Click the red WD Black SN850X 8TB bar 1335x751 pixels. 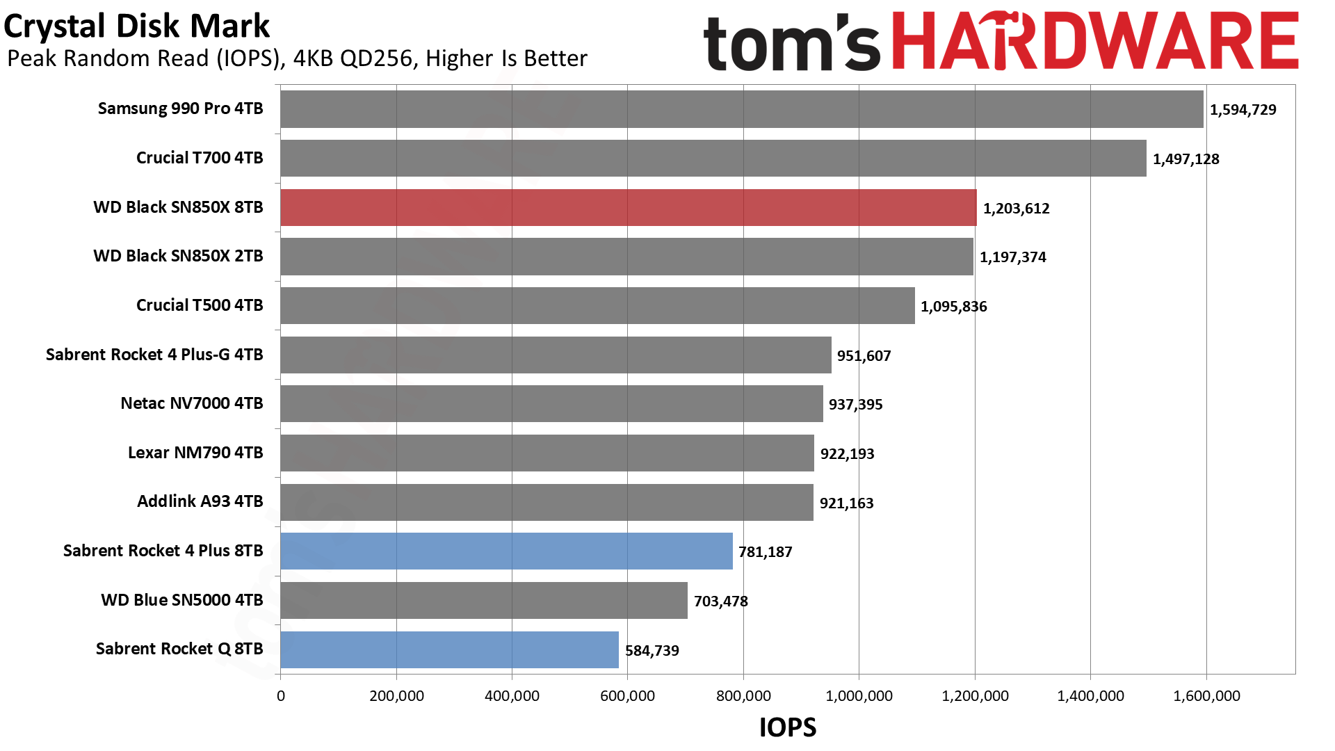[628, 207]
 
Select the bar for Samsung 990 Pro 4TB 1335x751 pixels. [741, 109]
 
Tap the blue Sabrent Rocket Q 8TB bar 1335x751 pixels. [449, 649]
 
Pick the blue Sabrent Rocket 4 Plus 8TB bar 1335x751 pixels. [506, 551]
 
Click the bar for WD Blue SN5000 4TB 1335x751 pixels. [484, 600]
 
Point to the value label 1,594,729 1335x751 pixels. [1243, 110]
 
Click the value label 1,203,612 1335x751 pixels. [1016, 209]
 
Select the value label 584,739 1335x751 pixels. [652, 651]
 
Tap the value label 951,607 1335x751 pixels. [864, 356]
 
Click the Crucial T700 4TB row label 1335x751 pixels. [200, 158]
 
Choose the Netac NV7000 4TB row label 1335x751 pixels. [192, 403]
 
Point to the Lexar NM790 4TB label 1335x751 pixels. [195, 453]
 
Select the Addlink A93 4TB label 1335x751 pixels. [200, 501]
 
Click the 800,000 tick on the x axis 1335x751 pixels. [743, 696]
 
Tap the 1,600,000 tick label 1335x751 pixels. [1206, 696]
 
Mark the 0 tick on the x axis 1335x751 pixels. [281, 696]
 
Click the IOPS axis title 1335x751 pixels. [787, 727]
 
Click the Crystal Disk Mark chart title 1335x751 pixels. [136, 26]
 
